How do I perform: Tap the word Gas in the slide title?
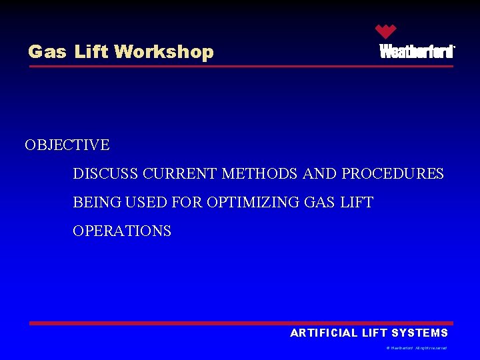pos(47,52)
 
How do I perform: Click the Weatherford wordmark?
pos(417,52)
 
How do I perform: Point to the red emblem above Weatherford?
pos(385,31)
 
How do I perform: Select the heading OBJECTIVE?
pos(67,145)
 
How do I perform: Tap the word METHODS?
pos(259,174)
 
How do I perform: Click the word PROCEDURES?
pos(392,174)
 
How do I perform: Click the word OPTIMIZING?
pos(245,203)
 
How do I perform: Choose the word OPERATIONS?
pos(122,231)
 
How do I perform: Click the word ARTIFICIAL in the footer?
pos(325,333)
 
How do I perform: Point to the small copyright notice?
pos(417,348)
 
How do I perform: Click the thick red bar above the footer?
pos(241,323)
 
